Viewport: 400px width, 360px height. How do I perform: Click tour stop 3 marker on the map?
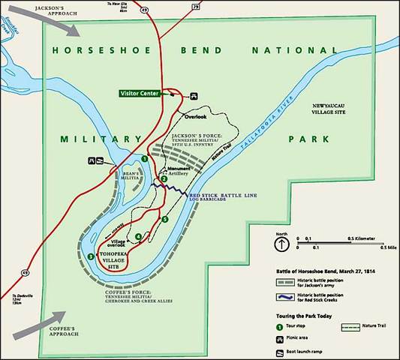pos(91,256)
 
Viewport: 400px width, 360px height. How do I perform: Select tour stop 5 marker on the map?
pos(165,218)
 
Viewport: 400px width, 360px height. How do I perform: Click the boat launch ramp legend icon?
pos(279,352)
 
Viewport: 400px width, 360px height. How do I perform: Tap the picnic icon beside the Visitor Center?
pos(194,94)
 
